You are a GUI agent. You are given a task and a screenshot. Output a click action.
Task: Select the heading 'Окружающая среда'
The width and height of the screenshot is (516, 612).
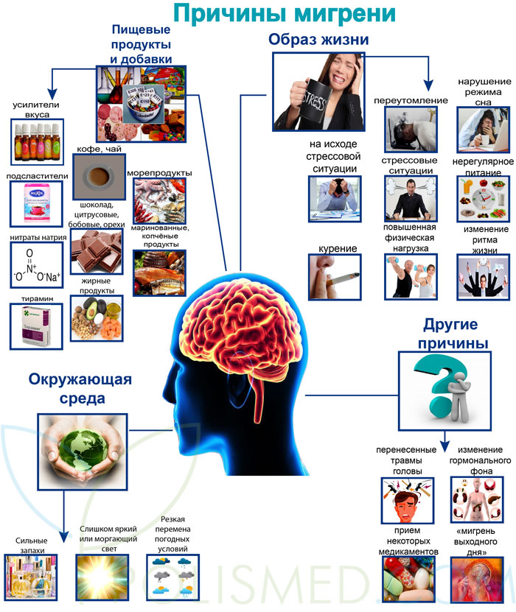(x=81, y=389)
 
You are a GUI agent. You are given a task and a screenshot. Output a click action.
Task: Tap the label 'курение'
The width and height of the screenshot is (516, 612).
(x=338, y=249)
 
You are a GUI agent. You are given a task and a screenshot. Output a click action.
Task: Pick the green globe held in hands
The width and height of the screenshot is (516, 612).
(x=81, y=447)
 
